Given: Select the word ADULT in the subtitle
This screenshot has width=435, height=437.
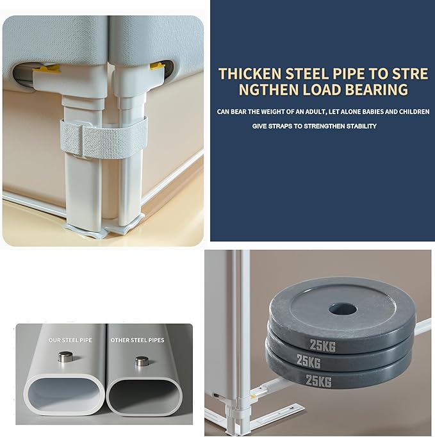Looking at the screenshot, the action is (x=314, y=111).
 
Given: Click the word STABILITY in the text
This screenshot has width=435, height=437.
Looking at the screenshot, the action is (x=361, y=126).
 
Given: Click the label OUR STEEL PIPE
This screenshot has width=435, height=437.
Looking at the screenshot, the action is (x=70, y=340).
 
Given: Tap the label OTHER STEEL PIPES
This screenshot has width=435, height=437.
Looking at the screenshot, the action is (x=137, y=340).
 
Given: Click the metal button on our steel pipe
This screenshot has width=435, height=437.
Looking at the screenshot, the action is (x=66, y=357).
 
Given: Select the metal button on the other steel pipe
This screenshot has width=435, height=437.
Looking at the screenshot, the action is (x=142, y=361).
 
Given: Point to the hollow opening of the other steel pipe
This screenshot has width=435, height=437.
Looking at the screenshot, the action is (x=144, y=397).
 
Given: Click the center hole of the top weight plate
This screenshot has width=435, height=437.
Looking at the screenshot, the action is (x=343, y=309).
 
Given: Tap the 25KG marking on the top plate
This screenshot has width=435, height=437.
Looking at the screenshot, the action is (x=323, y=346).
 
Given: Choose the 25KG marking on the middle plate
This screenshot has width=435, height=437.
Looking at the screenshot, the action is (x=309, y=361).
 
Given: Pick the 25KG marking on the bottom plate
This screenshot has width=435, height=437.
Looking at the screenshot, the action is (x=318, y=381).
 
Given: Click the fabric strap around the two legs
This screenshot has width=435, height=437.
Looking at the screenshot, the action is (x=104, y=136).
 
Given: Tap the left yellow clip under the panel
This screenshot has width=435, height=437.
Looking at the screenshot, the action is (x=49, y=69).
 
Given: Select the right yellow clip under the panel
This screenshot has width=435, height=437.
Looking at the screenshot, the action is (x=157, y=66).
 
